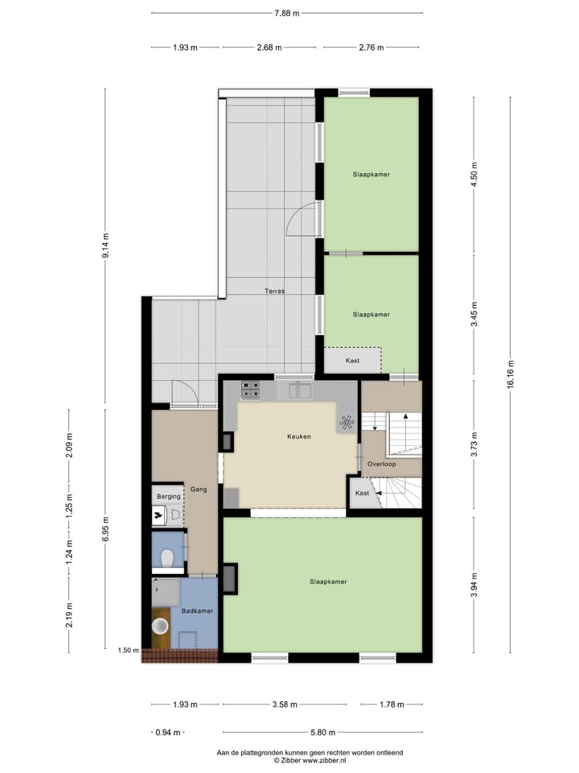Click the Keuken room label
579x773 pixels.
coord(298,436)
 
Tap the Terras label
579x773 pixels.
coord(273,291)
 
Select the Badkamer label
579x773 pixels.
coord(197,611)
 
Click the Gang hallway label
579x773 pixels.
coord(198,489)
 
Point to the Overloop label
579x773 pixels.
coord(381,465)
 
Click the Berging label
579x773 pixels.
coord(168,497)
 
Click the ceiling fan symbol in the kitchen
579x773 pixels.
coord(347,422)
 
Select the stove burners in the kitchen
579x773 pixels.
coord(250,391)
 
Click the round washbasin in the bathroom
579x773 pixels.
coord(161,625)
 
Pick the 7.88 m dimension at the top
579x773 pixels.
coord(286,14)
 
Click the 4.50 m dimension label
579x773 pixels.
coord(474,175)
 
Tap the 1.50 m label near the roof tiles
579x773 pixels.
coord(129,651)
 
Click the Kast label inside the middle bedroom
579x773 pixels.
coord(352,360)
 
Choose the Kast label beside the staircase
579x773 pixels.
coord(362,493)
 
